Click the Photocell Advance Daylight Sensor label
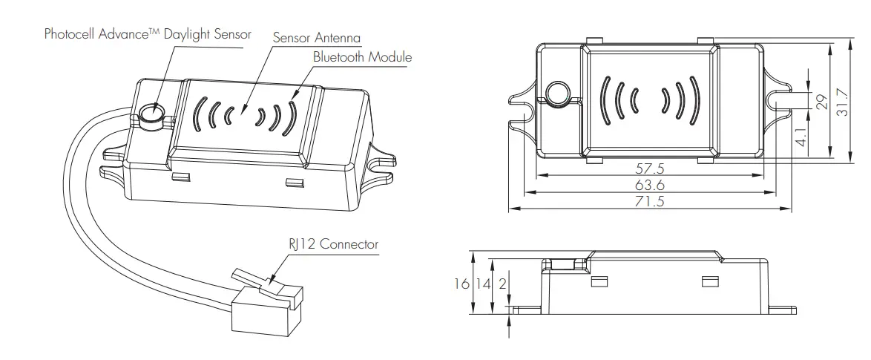[148, 34]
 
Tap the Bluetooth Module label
[361, 57]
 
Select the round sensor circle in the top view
[556, 93]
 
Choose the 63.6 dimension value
[650, 186]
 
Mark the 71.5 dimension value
[650, 202]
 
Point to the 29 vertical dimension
[821, 102]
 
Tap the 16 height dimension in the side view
[462, 284]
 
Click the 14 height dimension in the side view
[482, 284]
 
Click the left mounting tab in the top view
[521, 99]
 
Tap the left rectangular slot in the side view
[598, 281]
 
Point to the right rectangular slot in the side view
[709, 281]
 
